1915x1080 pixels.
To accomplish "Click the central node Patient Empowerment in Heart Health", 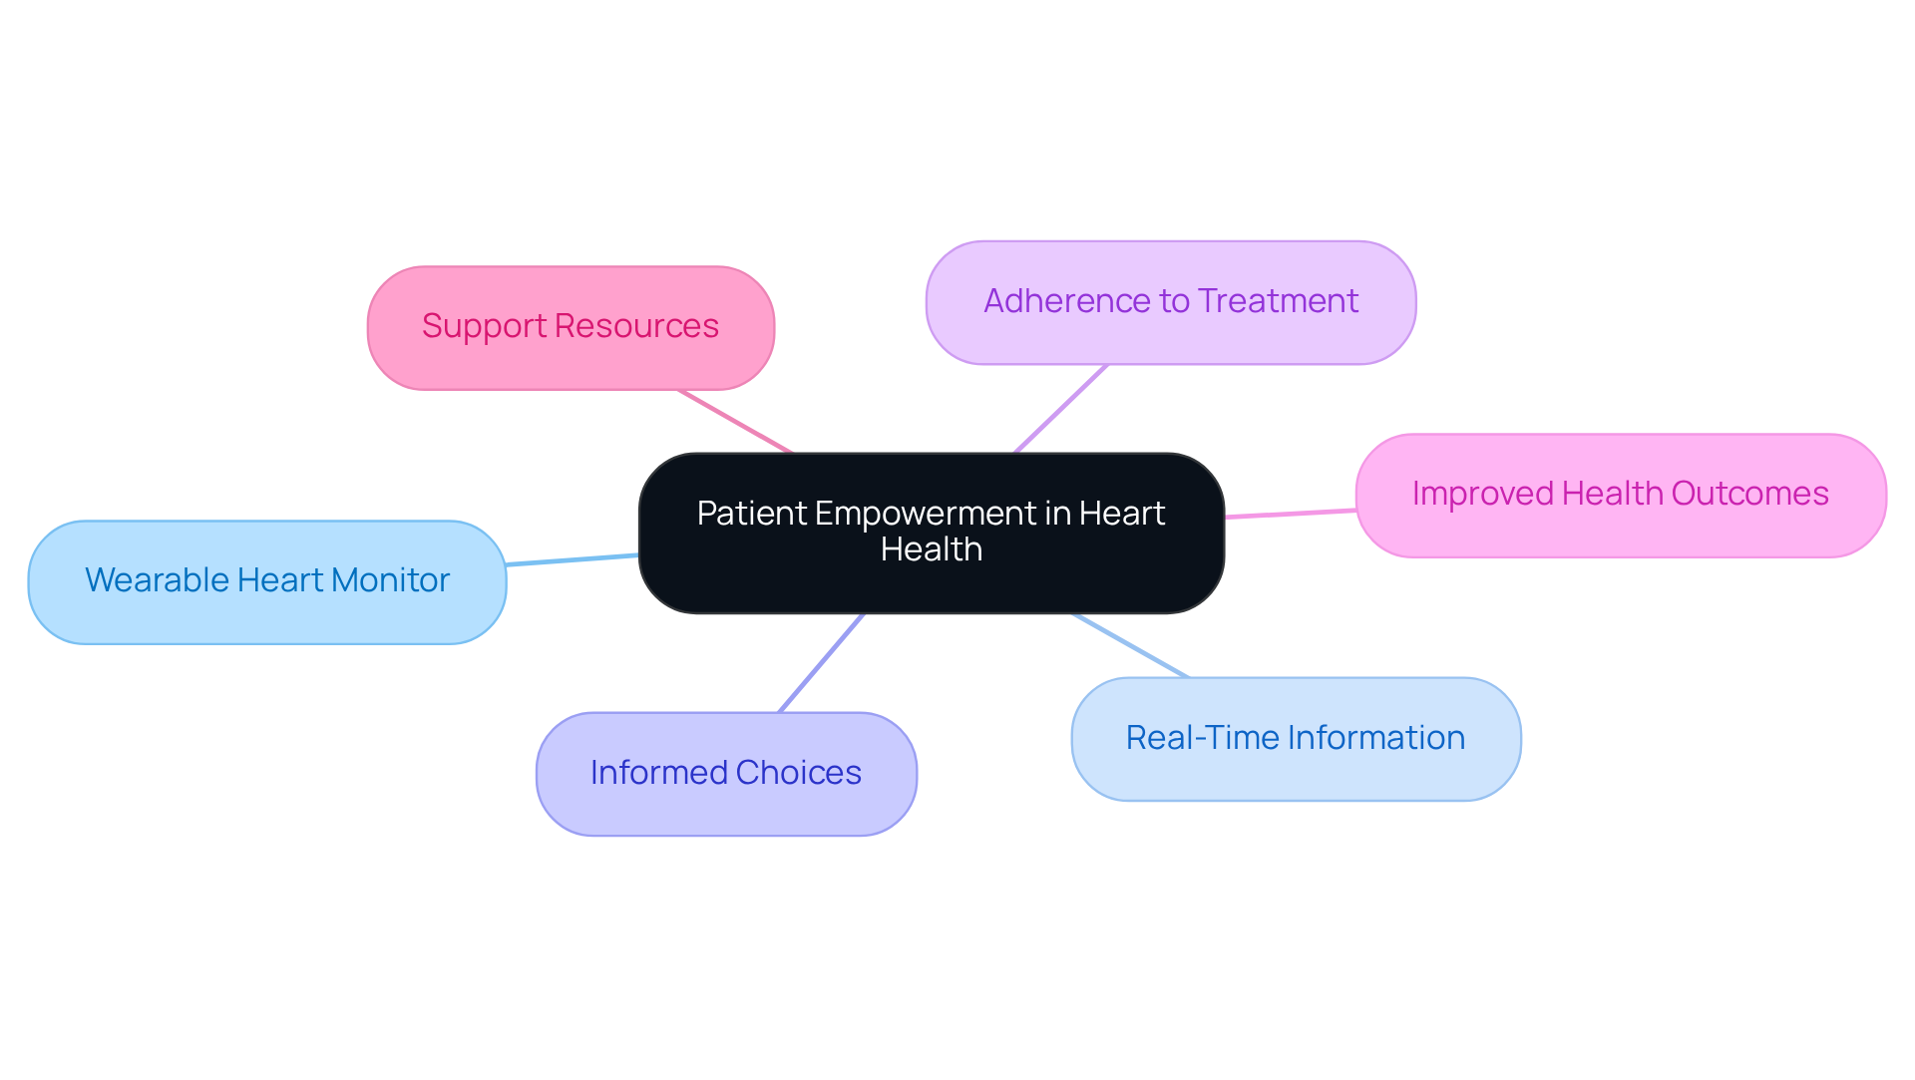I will click(x=931, y=533).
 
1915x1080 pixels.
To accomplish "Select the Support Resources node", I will click(x=571, y=327).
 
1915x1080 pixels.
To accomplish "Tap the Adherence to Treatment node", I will click(x=1170, y=302).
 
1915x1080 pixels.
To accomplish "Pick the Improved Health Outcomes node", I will click(x=1620, y=495).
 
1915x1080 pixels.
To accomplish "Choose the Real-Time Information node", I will click(x=1295, y=739).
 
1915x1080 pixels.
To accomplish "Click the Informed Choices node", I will click(x=725, y=774).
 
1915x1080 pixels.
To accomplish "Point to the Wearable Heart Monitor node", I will click(x=266, y=581).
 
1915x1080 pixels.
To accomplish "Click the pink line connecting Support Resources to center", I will click(x=735, y=421).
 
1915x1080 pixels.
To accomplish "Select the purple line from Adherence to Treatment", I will click(x=1060, y=409).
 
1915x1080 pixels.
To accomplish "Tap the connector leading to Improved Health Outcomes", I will click(x=1290, y=514).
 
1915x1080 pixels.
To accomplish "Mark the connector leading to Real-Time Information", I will click(x=1130, y=645).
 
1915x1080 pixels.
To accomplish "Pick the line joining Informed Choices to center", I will click(x=821, y=663).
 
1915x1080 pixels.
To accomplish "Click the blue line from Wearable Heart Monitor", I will click(x=572, y=560).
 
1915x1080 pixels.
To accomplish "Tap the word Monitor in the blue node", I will click(x=390, y=580).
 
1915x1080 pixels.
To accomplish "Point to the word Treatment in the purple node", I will click(x=1278, y=301).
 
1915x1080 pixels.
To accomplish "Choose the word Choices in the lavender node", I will click(x=798, y=773).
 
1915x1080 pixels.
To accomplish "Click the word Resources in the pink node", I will click(x=636, y=326).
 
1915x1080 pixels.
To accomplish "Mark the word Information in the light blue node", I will click(x=1376, y=738).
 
